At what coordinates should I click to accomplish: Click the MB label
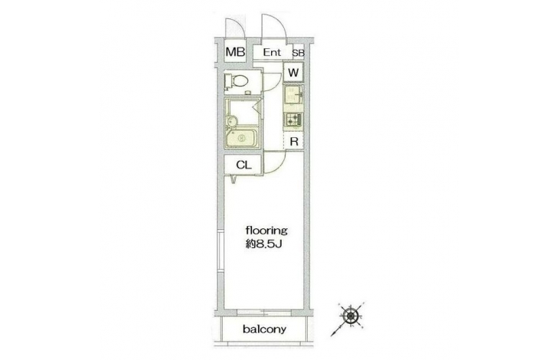(235, 53)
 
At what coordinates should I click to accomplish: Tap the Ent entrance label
(273, 53)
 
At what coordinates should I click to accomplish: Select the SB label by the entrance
(297, 53)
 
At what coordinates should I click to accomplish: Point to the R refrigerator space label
(294, 142)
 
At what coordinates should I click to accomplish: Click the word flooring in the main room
(265, 229)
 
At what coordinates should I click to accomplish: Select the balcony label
(264, 330)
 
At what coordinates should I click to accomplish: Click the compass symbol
(351, 315)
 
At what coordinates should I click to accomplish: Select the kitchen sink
(294, 97)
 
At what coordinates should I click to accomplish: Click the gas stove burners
(294, 119)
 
